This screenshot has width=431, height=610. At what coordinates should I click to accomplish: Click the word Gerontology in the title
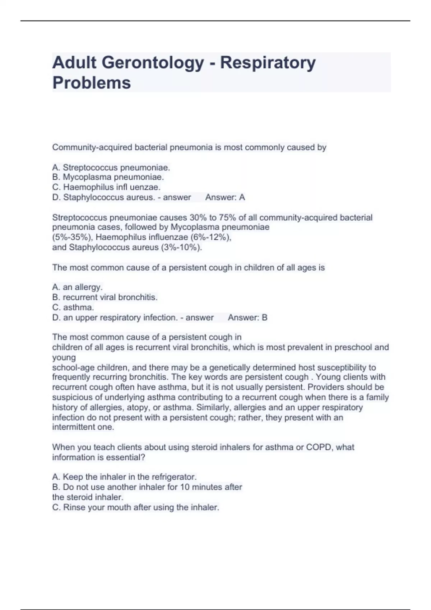(x=153, y=63)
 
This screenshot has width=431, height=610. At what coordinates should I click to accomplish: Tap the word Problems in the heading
(x=92, y=83)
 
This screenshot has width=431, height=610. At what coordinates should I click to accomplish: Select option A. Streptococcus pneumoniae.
(x=111, y=168)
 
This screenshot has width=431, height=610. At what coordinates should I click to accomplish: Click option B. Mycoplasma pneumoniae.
(x=108, y=177)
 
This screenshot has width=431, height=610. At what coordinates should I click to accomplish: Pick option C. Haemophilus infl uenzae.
(x=106, y=187)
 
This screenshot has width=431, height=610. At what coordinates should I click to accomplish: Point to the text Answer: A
(x=225, y=197)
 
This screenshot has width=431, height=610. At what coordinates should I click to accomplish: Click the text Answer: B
(x=247, y=318)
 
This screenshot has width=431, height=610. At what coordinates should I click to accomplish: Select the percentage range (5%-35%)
(x=73, y=237)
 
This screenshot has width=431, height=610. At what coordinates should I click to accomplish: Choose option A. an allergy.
(x=77, y=287)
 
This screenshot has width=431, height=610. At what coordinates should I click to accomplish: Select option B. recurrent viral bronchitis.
(x=105, y=297)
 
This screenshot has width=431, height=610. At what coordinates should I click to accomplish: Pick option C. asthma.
(x=73, y=308)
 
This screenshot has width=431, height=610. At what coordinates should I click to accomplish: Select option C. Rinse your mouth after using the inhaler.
(x=135, y=507)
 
